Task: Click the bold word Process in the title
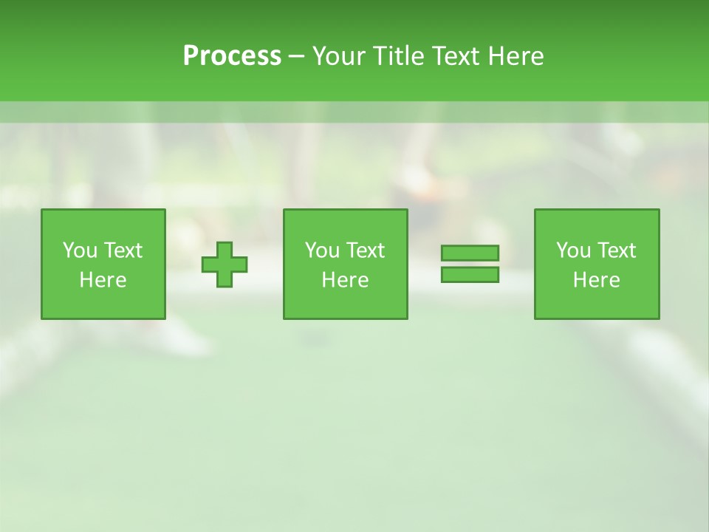232,56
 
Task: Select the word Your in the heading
338,56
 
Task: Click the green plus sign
225,264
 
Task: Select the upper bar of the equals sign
470,253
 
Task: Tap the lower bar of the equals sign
470,274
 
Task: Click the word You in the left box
80,250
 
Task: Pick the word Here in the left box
103,280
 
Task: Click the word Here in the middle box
345,280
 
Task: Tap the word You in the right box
573,250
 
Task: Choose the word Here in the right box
596,280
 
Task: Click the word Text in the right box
616,250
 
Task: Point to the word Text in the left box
123,250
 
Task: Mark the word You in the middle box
322,250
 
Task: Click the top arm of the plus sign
225,250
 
